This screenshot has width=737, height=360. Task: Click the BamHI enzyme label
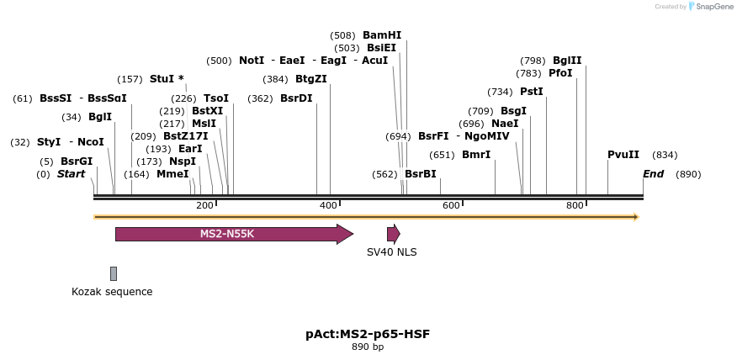click(382, 35)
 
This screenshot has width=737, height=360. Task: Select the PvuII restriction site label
click(623, 155)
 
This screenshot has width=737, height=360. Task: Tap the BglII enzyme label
click(567, 61)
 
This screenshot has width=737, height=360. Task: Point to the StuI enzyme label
click(162, 79)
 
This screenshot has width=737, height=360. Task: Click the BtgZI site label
click(311, 79)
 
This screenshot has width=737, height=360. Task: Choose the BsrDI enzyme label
click(296, 98)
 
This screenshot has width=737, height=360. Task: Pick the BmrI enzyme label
click(476, 155)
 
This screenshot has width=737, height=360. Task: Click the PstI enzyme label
click(532, 92)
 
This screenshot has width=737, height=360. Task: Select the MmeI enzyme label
click(172, 174)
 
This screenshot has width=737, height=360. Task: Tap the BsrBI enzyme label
click(421, 174)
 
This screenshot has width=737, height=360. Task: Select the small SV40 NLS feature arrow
click(393, 234)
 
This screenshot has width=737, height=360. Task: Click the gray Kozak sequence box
click(114, 273)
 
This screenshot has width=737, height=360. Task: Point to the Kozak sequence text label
click(112, 292)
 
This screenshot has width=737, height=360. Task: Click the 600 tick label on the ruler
click(452, 206)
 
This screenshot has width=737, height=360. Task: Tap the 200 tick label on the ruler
click(204, 206)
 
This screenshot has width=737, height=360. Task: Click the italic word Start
click(72, 174)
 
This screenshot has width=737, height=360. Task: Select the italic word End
click(654, 174)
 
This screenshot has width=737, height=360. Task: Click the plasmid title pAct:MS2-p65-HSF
click(368, 334)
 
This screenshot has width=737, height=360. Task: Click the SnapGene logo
click(711, 7)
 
